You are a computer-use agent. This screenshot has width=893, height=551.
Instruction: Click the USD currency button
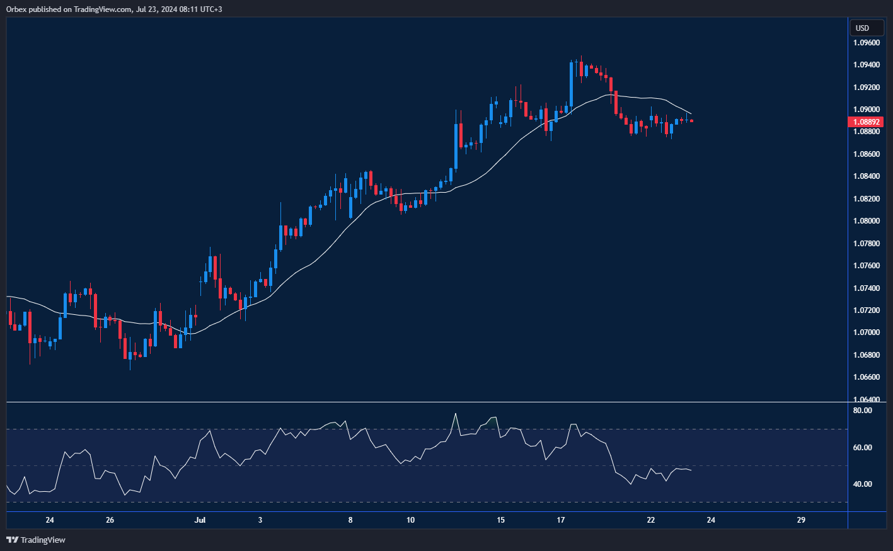point(862,28)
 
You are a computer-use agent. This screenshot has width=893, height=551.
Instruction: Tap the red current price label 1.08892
point(867,122)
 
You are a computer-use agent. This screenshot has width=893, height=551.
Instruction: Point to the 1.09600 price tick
point(867,43)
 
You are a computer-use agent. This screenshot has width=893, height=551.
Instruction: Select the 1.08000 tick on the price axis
point(867,221)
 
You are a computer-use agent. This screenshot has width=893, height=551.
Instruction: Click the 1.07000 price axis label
point(867,332)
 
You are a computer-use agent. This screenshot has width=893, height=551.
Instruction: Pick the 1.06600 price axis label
point(867,377)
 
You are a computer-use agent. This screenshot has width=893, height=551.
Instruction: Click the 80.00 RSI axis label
point(862,411)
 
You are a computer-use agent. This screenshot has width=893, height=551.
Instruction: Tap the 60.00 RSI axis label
point(862,448)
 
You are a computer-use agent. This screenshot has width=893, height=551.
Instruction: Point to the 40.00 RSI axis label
point(862,484)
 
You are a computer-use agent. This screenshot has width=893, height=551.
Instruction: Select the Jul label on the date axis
point(200,520)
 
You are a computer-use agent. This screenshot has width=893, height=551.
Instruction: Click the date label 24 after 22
point(711,520)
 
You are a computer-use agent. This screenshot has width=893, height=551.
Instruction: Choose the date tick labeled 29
point(801,520)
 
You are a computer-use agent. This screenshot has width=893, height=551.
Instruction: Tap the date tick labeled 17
point(561,520)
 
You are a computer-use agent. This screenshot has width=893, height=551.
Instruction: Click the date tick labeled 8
point(350,520)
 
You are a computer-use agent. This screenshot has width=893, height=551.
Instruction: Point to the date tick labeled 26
point(110,520)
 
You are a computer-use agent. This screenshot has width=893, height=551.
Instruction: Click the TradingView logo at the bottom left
point(36,540)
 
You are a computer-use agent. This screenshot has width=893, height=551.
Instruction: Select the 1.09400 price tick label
point(867,65)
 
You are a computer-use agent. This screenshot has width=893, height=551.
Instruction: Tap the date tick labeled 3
point(260,520)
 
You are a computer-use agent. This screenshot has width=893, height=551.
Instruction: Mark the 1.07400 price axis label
point(867,288)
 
